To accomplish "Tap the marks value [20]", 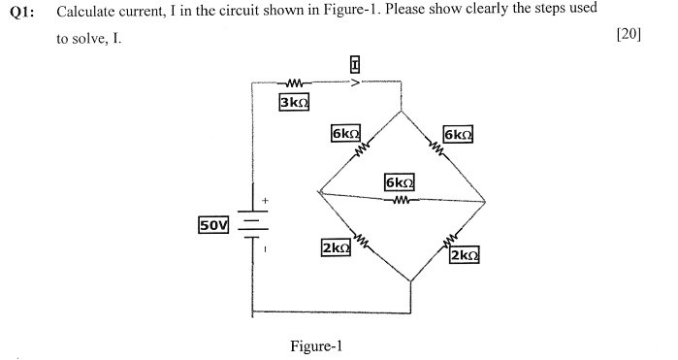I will pyautogui.click(x=629, y=34).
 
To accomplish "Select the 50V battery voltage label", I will pyautogui.click(x=212, y=225).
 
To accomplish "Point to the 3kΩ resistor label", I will pyautogui.click(x=293, y=102).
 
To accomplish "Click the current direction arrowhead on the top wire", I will pyautogui.click(x=355, y=82).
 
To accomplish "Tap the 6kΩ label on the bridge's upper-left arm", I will pyautogui.click(x=345, y=133).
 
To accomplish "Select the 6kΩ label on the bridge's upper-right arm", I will pyautogui.click(x=458, y=133).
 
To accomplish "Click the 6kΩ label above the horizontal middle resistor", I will pyautogui.click(x=400, y=182).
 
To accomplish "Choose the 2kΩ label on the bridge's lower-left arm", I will pyautogui.click(x=336, y=248).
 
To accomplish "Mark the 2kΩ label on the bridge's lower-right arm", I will pyautogui.click(x=465, y=255).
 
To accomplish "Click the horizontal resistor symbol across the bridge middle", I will pyautogui.click(x=399, y=200).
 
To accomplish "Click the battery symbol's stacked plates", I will pyautogui.click(x=252, y=225).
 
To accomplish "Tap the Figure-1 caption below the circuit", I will pyautogui.click(x=316, y=346).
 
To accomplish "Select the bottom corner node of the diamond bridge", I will pyautogui.click(x=411, y=281).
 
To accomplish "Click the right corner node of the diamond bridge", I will pyautogui.click(x=485, y=203).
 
